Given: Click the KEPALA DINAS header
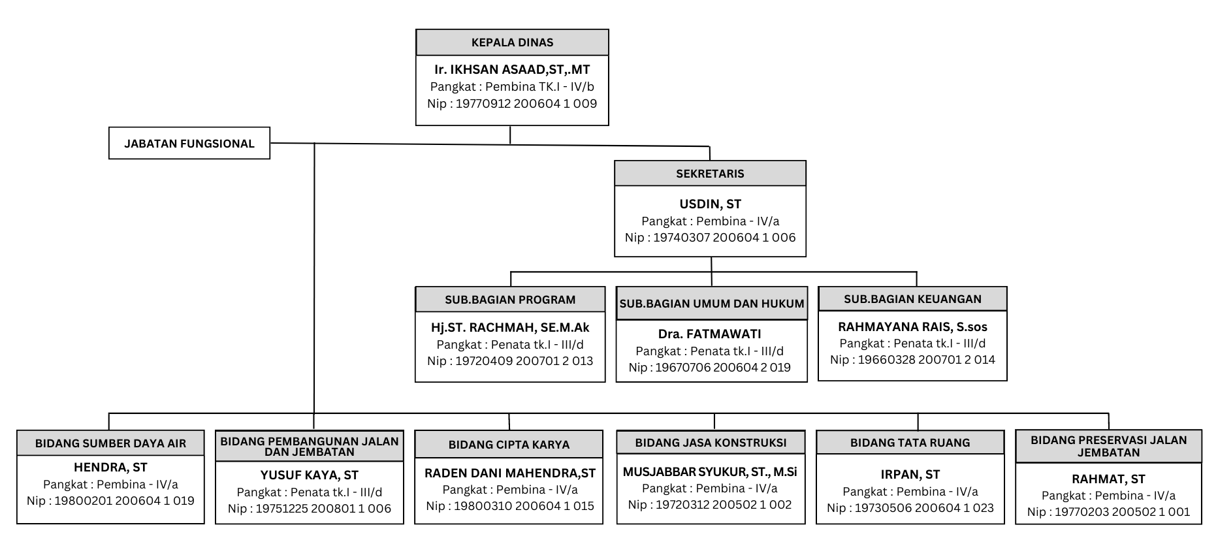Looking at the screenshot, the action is (512, 42).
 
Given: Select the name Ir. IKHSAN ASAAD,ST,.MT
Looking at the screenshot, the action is (512, 69).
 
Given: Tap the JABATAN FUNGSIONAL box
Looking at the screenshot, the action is (189, 143).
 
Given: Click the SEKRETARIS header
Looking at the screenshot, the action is (710, 174).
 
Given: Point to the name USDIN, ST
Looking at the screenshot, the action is (710, 204).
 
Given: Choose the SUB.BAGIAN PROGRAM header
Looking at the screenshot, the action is (510, 300).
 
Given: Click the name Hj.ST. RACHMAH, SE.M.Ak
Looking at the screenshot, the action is (510, 328).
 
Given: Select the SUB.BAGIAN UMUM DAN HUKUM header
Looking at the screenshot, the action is (712, 303).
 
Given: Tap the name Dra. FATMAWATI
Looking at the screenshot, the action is (710, 334).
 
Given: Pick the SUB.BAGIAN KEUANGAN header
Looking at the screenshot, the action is (912, 299).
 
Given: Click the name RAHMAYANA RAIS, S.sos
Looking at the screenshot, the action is (912, 327).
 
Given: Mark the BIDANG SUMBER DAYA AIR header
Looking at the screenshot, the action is (110, 443).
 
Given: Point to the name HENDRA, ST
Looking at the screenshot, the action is (110, 468).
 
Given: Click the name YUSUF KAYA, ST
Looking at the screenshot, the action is (310, 475).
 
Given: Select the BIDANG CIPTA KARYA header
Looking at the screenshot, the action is (509, 445).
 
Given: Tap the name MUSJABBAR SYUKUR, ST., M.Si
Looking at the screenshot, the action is (710, 472).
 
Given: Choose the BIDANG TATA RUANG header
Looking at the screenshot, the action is (910, 443).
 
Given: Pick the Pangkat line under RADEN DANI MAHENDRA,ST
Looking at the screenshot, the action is (510, 490).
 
